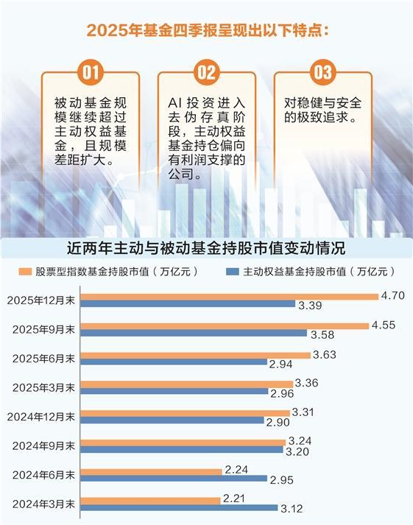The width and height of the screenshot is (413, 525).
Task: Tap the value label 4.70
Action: [x=391, y=295]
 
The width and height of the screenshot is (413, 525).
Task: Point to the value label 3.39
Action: [x=308, y=305]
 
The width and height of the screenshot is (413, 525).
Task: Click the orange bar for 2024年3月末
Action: [x=150, y=499]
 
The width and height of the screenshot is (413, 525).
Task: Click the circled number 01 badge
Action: [x=90, y=72]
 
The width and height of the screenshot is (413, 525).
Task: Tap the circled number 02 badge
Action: [x=207, y=72]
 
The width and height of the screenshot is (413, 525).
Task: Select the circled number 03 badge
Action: [x=322, y=72]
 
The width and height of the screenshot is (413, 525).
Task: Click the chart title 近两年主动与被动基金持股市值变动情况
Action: [x=206, y=247]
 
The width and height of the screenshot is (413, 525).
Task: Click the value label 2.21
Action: [x=233, y=498]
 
